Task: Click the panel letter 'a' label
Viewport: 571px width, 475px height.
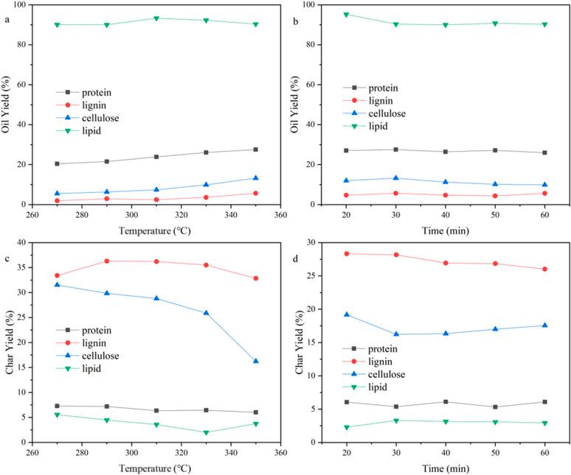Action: coord(8,21)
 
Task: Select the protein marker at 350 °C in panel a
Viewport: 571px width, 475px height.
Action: coord(256,149)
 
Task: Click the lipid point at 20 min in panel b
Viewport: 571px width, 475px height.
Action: coord(346,14)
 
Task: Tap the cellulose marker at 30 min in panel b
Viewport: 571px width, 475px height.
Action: coord(395,178)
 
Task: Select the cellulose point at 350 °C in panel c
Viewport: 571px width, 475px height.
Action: coord(256,361)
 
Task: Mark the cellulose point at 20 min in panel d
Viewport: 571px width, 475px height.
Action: coord(346,314)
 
